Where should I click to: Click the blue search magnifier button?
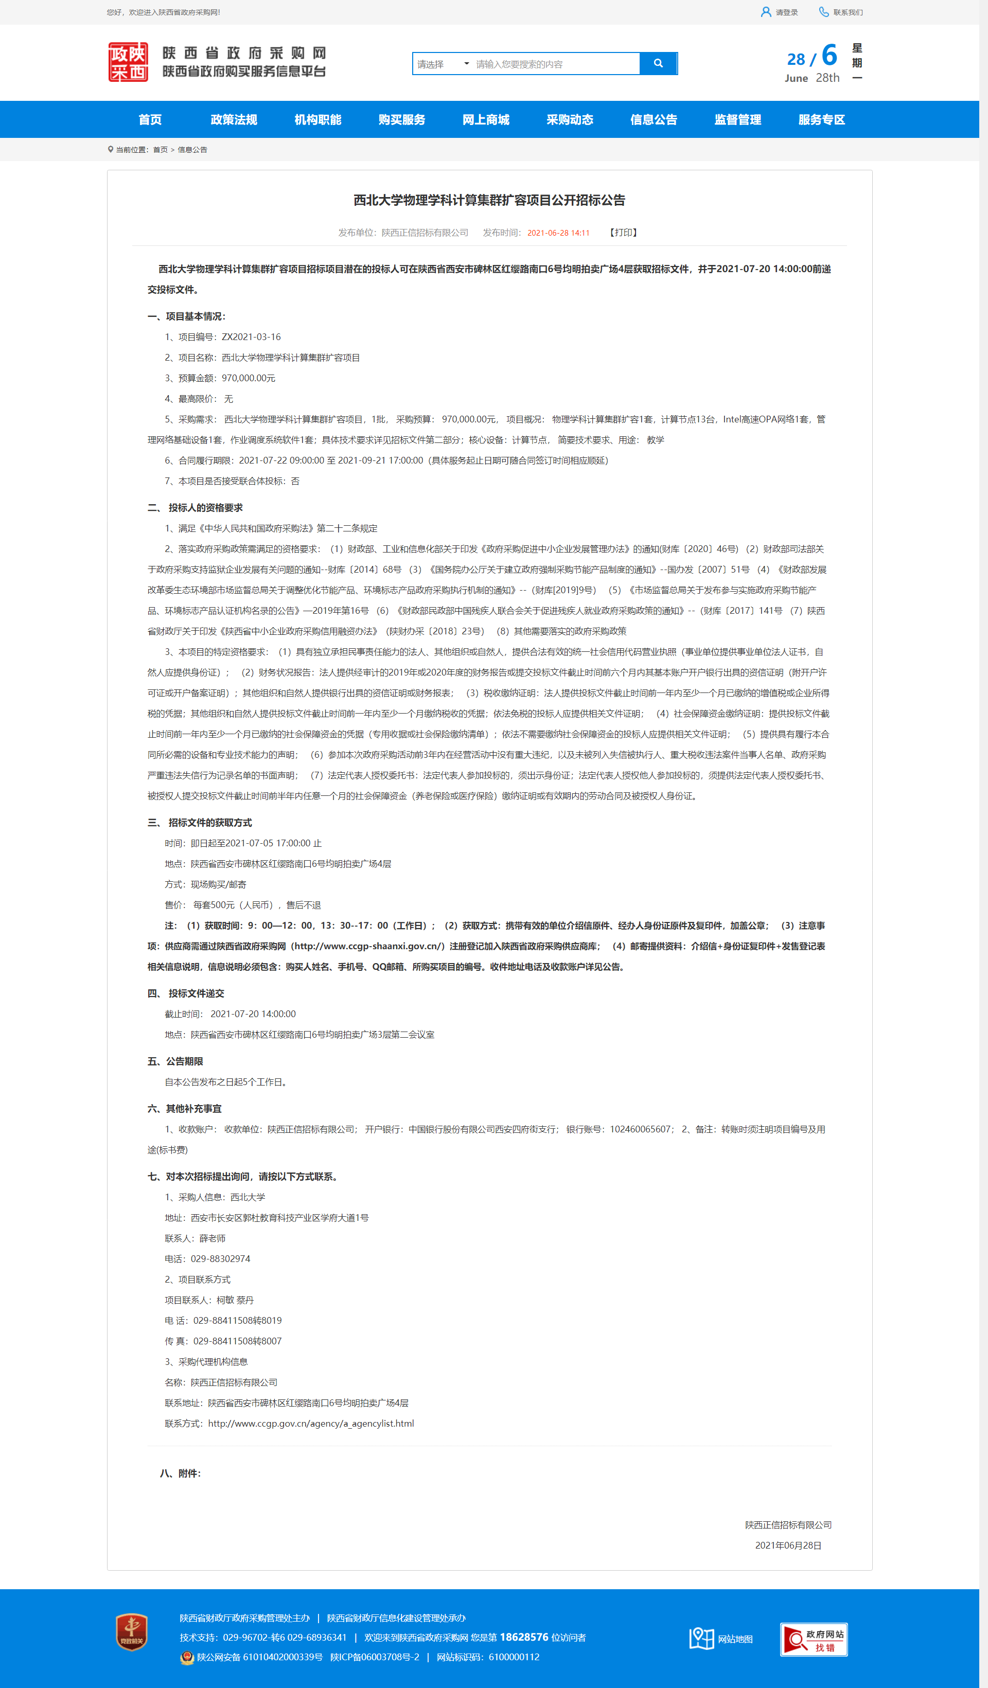point(658,64)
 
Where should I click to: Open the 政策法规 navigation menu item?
point(234,120)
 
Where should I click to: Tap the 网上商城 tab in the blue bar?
point(486,120)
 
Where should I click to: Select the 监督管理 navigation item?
point(737,120)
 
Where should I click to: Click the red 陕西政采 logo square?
point(128,62)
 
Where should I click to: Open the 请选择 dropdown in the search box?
point(443,64)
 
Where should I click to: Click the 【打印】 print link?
point(623,233)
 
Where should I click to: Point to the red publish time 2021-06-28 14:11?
point(558,233)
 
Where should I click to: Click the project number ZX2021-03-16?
point(251,337)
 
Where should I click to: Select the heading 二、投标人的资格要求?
point(195,508)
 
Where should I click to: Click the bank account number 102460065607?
point(640,1129)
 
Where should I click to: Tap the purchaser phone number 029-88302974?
point(220,1258)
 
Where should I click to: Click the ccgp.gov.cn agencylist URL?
point(311,1424)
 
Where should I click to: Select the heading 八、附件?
point(180,1473)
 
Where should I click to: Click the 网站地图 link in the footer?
point(721,1639)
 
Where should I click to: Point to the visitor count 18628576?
point(524,1637)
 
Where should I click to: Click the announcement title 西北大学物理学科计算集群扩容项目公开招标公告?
point(489,200)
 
